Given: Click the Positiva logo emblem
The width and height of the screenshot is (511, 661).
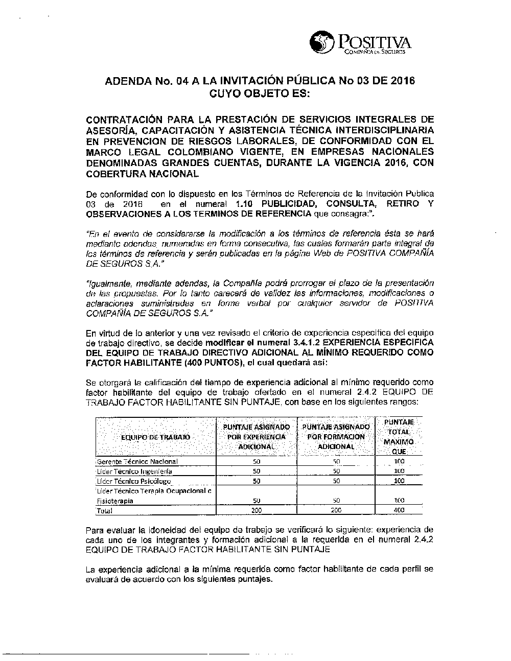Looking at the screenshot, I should coord(321,43).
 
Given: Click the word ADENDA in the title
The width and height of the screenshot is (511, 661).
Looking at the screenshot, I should coord(125,81).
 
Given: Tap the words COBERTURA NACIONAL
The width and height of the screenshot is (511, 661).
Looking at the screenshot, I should coord(143,174).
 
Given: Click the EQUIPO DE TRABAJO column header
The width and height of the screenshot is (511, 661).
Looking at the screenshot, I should coord(155,437).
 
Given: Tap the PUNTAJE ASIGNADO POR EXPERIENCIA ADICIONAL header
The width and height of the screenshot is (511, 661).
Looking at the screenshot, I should coord(257,437).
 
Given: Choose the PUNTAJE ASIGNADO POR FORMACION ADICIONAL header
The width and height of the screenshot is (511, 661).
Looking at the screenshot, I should coord(336,437).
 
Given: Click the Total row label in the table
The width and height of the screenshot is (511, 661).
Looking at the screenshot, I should coord(104,510).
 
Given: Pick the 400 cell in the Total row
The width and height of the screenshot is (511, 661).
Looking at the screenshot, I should coord(399,510).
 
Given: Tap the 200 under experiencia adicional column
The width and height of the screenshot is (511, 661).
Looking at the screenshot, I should coord(257,510).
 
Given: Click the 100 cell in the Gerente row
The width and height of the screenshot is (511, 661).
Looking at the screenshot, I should coord(399,462).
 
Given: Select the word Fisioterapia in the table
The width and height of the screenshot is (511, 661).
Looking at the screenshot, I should coord(115,501).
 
